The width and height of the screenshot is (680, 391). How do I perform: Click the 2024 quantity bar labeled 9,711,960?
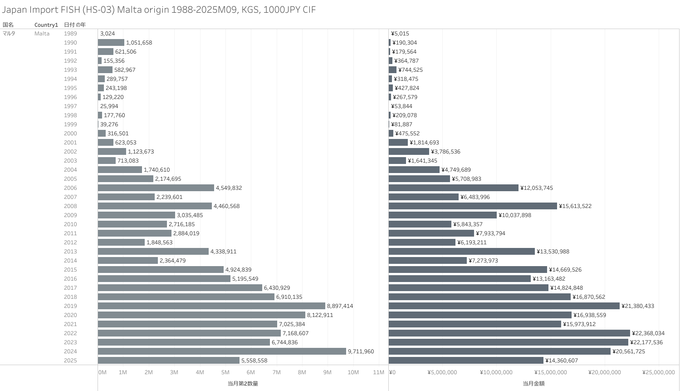222,351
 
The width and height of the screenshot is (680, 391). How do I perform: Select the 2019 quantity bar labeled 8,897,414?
211,306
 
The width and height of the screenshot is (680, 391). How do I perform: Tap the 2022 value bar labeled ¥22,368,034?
509,333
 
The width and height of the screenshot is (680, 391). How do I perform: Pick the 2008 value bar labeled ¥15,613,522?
473,206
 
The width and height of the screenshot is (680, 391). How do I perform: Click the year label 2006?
70,188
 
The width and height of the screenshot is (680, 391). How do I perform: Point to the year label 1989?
70,34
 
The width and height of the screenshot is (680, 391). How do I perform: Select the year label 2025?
70,361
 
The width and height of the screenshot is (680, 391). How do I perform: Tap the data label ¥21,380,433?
637,306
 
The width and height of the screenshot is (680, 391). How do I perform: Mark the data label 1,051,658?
139,43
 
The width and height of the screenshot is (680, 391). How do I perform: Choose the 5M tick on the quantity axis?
225,372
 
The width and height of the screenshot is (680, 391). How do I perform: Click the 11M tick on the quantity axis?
378,372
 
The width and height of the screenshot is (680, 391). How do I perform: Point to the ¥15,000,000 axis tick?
550,372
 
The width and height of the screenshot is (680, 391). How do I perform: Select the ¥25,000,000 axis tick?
658,372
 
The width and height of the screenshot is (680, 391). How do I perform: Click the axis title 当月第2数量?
243,384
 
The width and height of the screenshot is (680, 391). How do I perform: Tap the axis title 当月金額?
533,384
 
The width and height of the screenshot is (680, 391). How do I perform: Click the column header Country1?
46,25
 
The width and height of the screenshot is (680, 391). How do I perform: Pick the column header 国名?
8,25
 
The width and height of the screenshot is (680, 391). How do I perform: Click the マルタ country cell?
9,34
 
